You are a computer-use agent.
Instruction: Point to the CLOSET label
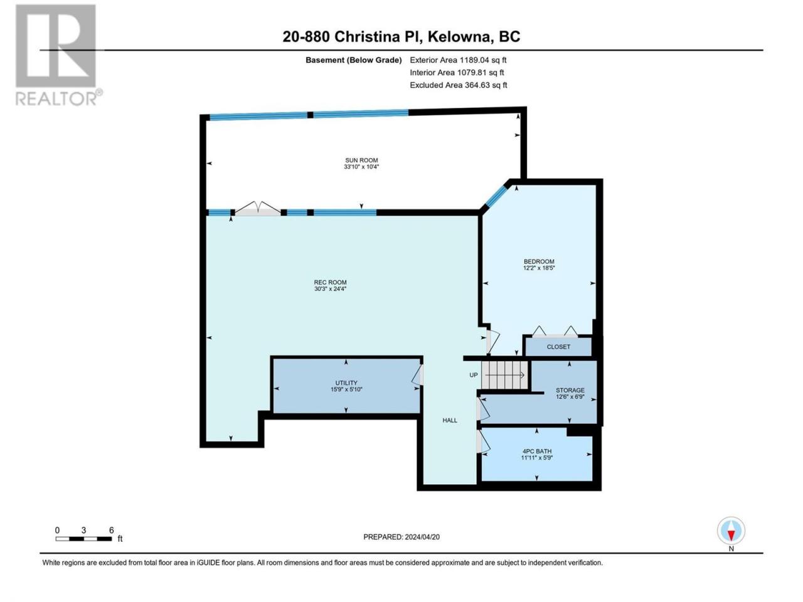558,347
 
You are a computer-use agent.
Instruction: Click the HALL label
450,420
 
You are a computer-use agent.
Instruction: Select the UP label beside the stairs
474,375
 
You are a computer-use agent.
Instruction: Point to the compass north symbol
731,534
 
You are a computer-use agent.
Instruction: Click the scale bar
84,539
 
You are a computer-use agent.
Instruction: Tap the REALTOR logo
58,55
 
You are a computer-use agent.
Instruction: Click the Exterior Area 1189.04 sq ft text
458,60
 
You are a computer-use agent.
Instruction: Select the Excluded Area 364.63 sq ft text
459,85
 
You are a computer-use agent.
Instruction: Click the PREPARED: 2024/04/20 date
401,537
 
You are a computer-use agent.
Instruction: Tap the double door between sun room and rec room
258,208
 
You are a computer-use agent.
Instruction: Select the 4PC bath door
483,441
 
